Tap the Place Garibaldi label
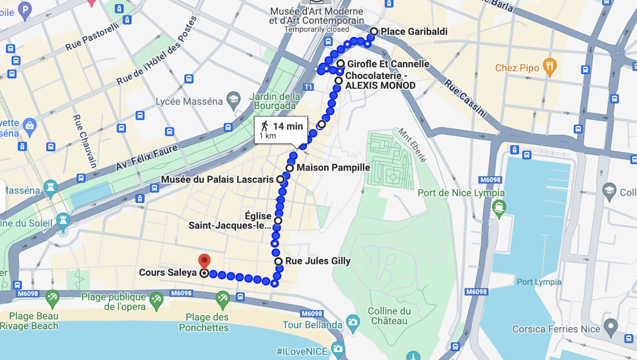click(x=414, y=32)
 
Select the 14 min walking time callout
click(x=279, y=130)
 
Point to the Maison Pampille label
click(x=333, y=168)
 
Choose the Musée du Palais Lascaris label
click(x=217, y=179)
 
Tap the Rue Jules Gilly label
click(x=317, y=261)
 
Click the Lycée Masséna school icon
click(x=233, y=99)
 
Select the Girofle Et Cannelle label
click(x=388, y=64)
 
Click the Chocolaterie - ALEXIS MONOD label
click(x=380, y=80)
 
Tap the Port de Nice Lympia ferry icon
click(x=498, y=208)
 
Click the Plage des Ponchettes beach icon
click(x=223, y=300)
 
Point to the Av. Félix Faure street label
click(x=147, y=159)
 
